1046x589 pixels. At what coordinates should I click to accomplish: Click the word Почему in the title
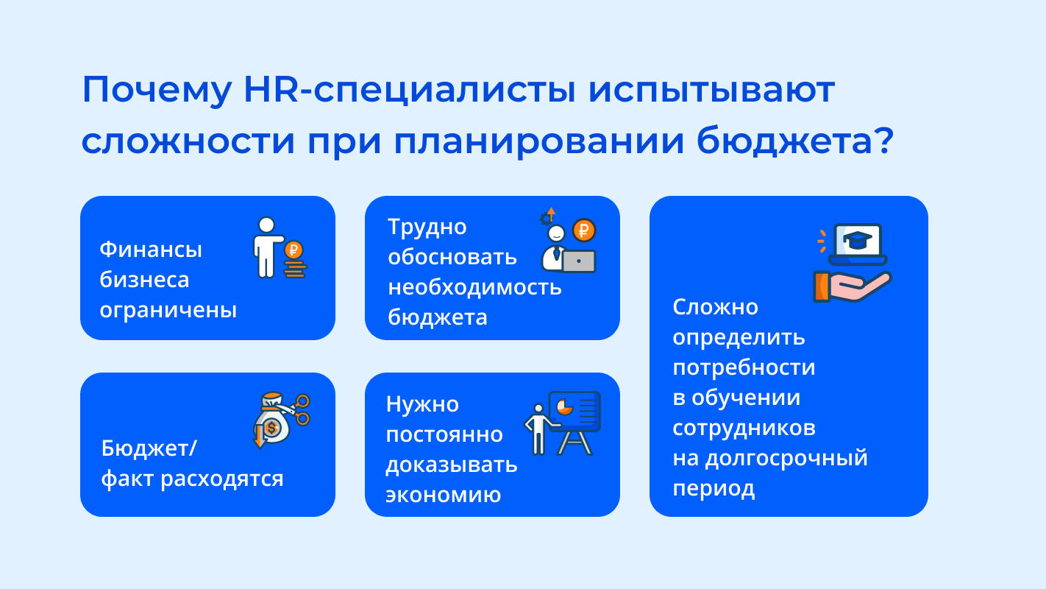157,90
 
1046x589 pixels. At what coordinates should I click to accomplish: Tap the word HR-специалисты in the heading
410,90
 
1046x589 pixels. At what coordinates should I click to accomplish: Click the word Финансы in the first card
151,249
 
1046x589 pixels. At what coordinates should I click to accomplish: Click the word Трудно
427,228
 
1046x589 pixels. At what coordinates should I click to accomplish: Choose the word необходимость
475,286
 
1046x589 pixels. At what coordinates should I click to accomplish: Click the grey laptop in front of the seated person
579,261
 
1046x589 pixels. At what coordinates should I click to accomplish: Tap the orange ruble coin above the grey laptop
584,230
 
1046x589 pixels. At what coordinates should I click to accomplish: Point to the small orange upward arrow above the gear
552,214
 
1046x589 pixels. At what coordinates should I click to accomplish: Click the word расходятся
222,479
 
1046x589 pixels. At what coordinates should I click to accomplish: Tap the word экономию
443,495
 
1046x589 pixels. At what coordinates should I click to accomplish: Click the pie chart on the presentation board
564,406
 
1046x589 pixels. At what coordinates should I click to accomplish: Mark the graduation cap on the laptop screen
858,240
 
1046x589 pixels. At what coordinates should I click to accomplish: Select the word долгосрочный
786,458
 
